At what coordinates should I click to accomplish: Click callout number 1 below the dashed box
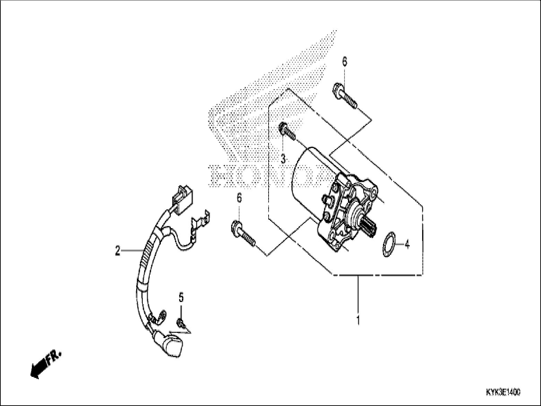coord(358,319)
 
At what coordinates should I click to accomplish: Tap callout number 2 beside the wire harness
coord(118,250)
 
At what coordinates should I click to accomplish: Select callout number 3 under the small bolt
coord(283,159)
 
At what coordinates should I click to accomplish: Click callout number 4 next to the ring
coord(407,245)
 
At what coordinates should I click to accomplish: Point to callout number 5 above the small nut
coord(181,297)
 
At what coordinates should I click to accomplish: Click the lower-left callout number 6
coord(239,198)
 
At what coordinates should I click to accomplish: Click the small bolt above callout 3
coord(287,131)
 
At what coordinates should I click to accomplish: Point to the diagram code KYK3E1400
coord(503,392)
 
